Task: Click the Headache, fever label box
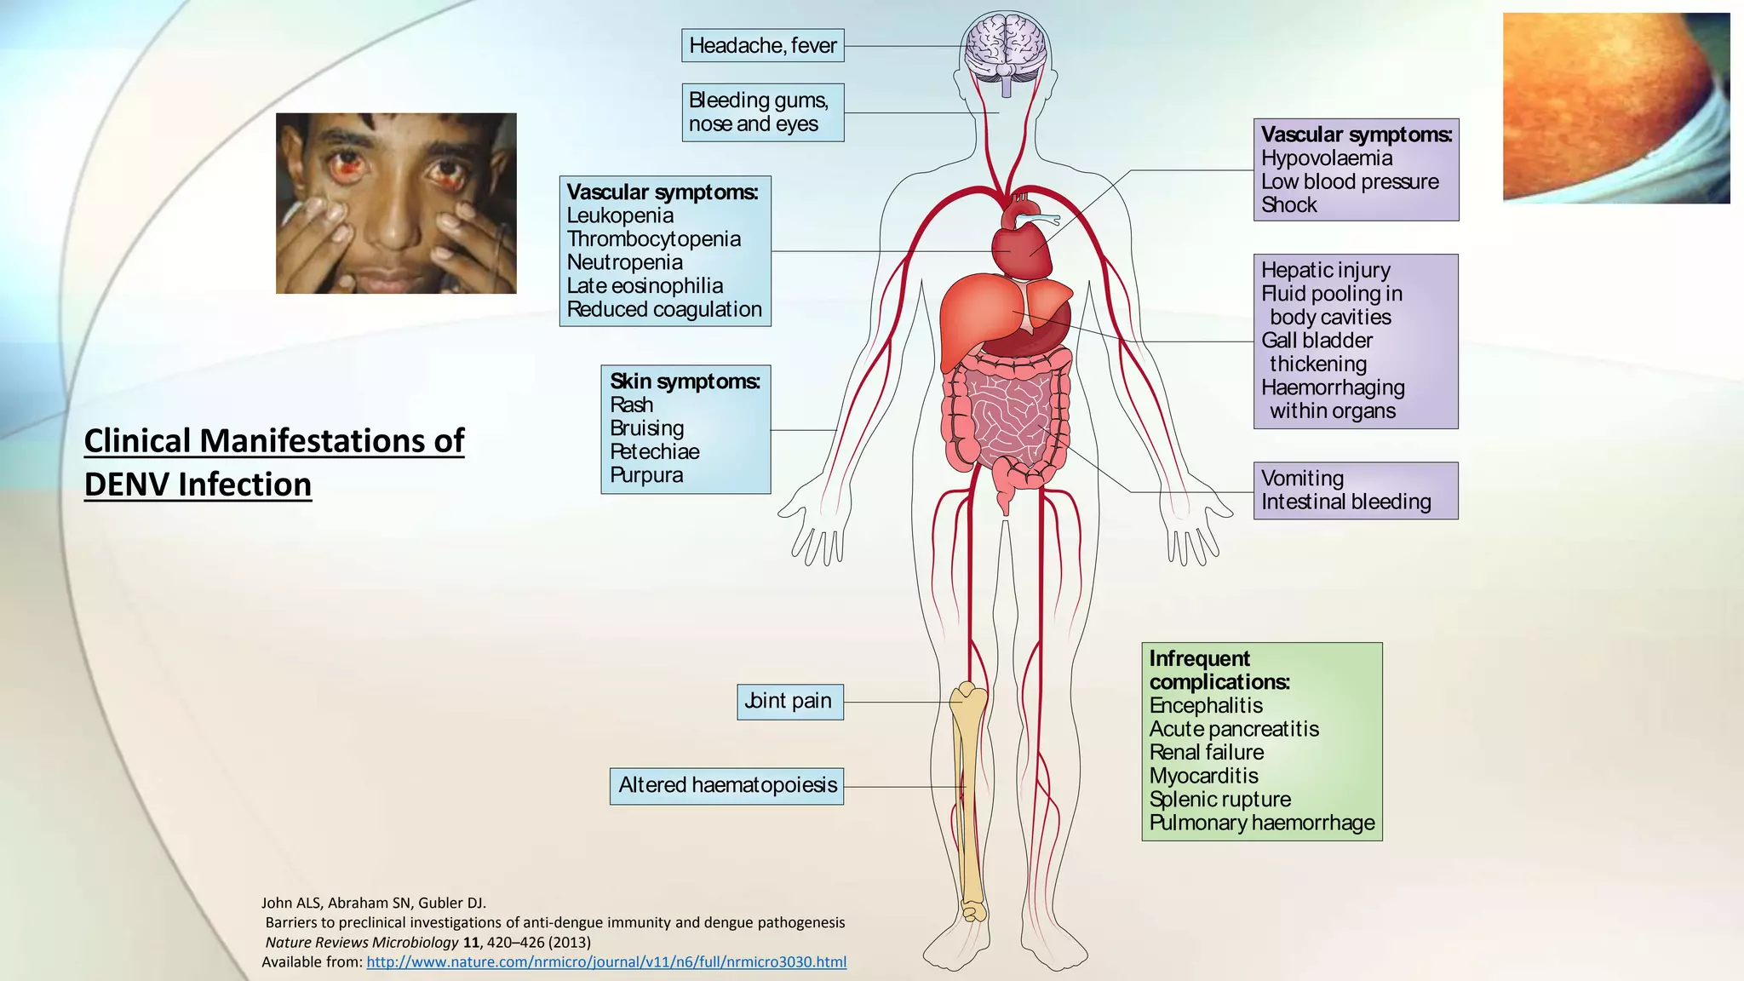click(762, 46)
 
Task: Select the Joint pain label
click(789, 702)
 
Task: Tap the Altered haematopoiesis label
click(726, 785)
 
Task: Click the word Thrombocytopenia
click(653, 239)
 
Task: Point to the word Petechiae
click(654, 452)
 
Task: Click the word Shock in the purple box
click(1288, 205)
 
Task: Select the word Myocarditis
click(1203, 776)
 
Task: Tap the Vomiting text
click(1302, 479)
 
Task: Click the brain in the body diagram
click(1006, 47)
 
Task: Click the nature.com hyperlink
click(606, 962)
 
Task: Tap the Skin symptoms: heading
click(685, 381)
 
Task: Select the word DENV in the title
click(127, 485)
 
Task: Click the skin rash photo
click(1615, 108)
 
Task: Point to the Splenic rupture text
click(1219, 800)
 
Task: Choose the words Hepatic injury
click(1325, 271)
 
